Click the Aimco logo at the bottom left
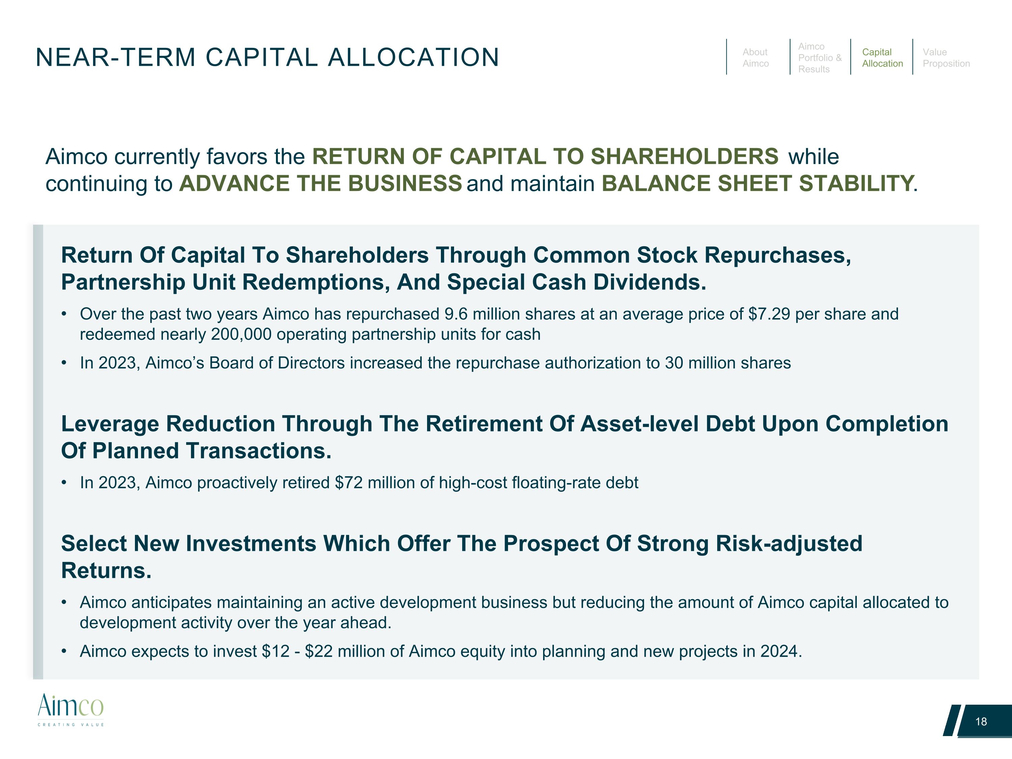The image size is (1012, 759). [71, 709]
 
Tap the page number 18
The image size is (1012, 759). [981, 722]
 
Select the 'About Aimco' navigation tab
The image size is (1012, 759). [755, 58]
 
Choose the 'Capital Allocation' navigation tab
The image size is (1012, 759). [882, 58]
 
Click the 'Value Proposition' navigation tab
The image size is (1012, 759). [946, 58]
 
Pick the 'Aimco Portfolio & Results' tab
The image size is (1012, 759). [819, 58]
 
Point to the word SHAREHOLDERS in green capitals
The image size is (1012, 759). [684, 157]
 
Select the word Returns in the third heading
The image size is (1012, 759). [106, 570]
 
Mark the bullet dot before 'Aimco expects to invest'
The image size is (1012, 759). [64, 651]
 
